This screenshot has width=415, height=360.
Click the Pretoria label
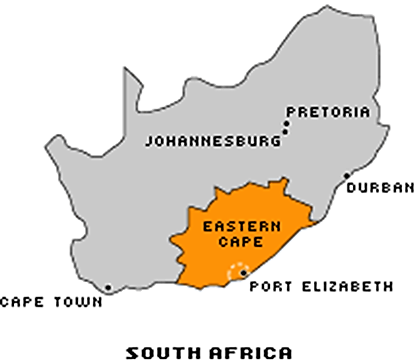pyautogui.click(x=328, y=112)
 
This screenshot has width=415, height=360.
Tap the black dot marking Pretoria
pyautogui.click(x=285, y=127)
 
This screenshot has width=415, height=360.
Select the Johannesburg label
pyautogui.click(x=213, y=142)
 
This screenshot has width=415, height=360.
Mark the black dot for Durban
pyautogui.click(x=347, y=177)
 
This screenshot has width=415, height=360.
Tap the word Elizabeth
pyautogui.click(x=343, y=287)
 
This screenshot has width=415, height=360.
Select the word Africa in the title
pyautogui.click(x=247, y=350)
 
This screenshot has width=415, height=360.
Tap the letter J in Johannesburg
pyautogui.click(x=150, y=142)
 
